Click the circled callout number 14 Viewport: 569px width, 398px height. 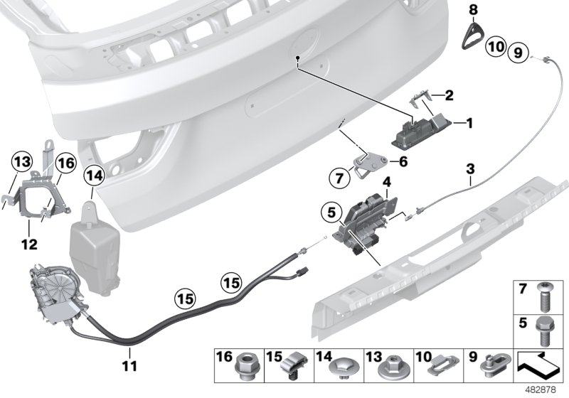click(x=93, y=173)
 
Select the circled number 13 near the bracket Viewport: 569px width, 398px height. click(x=21, y=161)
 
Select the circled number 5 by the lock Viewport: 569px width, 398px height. click(x=330, y=212)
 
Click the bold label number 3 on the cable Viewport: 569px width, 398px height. click(x=469, y=168)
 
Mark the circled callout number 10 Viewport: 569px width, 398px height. click(x=496, y=49)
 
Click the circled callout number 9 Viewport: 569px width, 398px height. click(x=518, y=51)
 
